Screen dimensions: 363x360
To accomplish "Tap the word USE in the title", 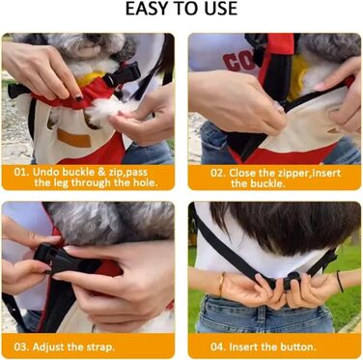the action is (x=219, y=9).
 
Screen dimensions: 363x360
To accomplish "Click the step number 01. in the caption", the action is (x=22, y=172).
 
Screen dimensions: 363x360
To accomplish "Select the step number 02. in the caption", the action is (x=218, y=173).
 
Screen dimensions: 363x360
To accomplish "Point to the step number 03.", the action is (x=22, y=347).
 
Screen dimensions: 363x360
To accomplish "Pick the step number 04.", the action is (x=218, y=347).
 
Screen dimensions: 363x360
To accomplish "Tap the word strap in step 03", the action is (x=100, y=348).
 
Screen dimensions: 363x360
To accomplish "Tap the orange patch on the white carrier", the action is (x=73, y=139).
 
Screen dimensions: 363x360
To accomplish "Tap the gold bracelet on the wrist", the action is (x=222, y=285).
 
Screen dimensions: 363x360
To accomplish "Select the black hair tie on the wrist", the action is (x=340, y=282).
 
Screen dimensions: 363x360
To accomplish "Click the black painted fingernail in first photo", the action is (x=79, y=97).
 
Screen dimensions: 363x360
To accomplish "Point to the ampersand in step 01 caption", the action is (x=101, y=172).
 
